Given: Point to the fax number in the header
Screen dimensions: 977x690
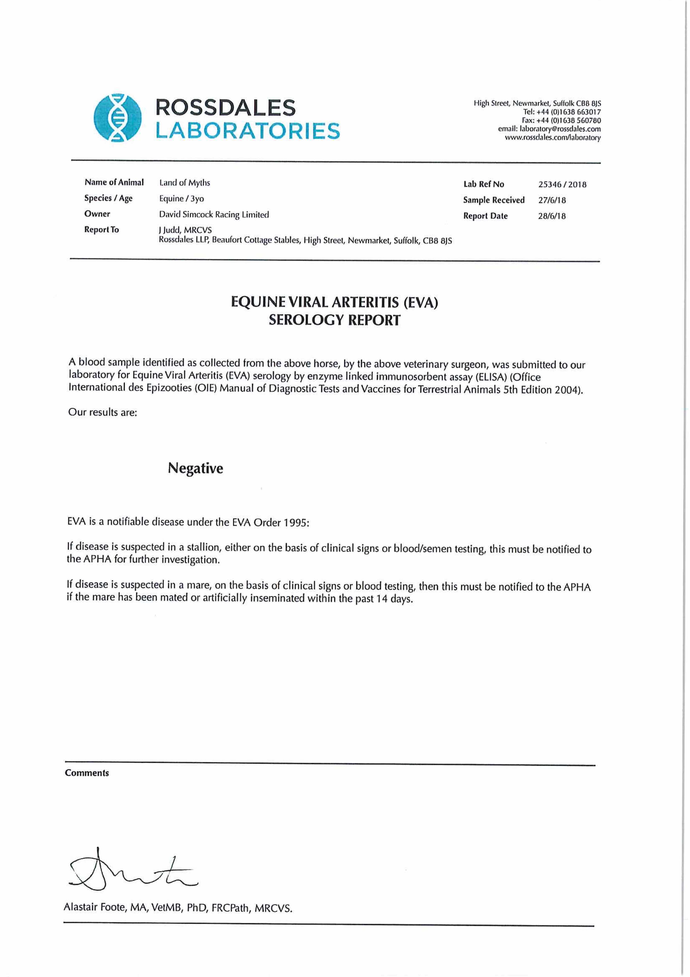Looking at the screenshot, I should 561,120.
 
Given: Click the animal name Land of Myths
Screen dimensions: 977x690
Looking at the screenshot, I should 184,183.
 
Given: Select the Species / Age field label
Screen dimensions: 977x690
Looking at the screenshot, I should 108,198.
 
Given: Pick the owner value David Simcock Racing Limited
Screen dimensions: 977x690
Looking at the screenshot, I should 214,215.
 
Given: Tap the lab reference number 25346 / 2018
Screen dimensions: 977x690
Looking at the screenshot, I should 562,184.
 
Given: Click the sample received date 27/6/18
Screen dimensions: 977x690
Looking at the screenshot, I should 552,200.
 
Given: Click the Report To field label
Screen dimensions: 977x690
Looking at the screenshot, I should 102,230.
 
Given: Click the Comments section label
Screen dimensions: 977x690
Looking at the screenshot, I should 87,773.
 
